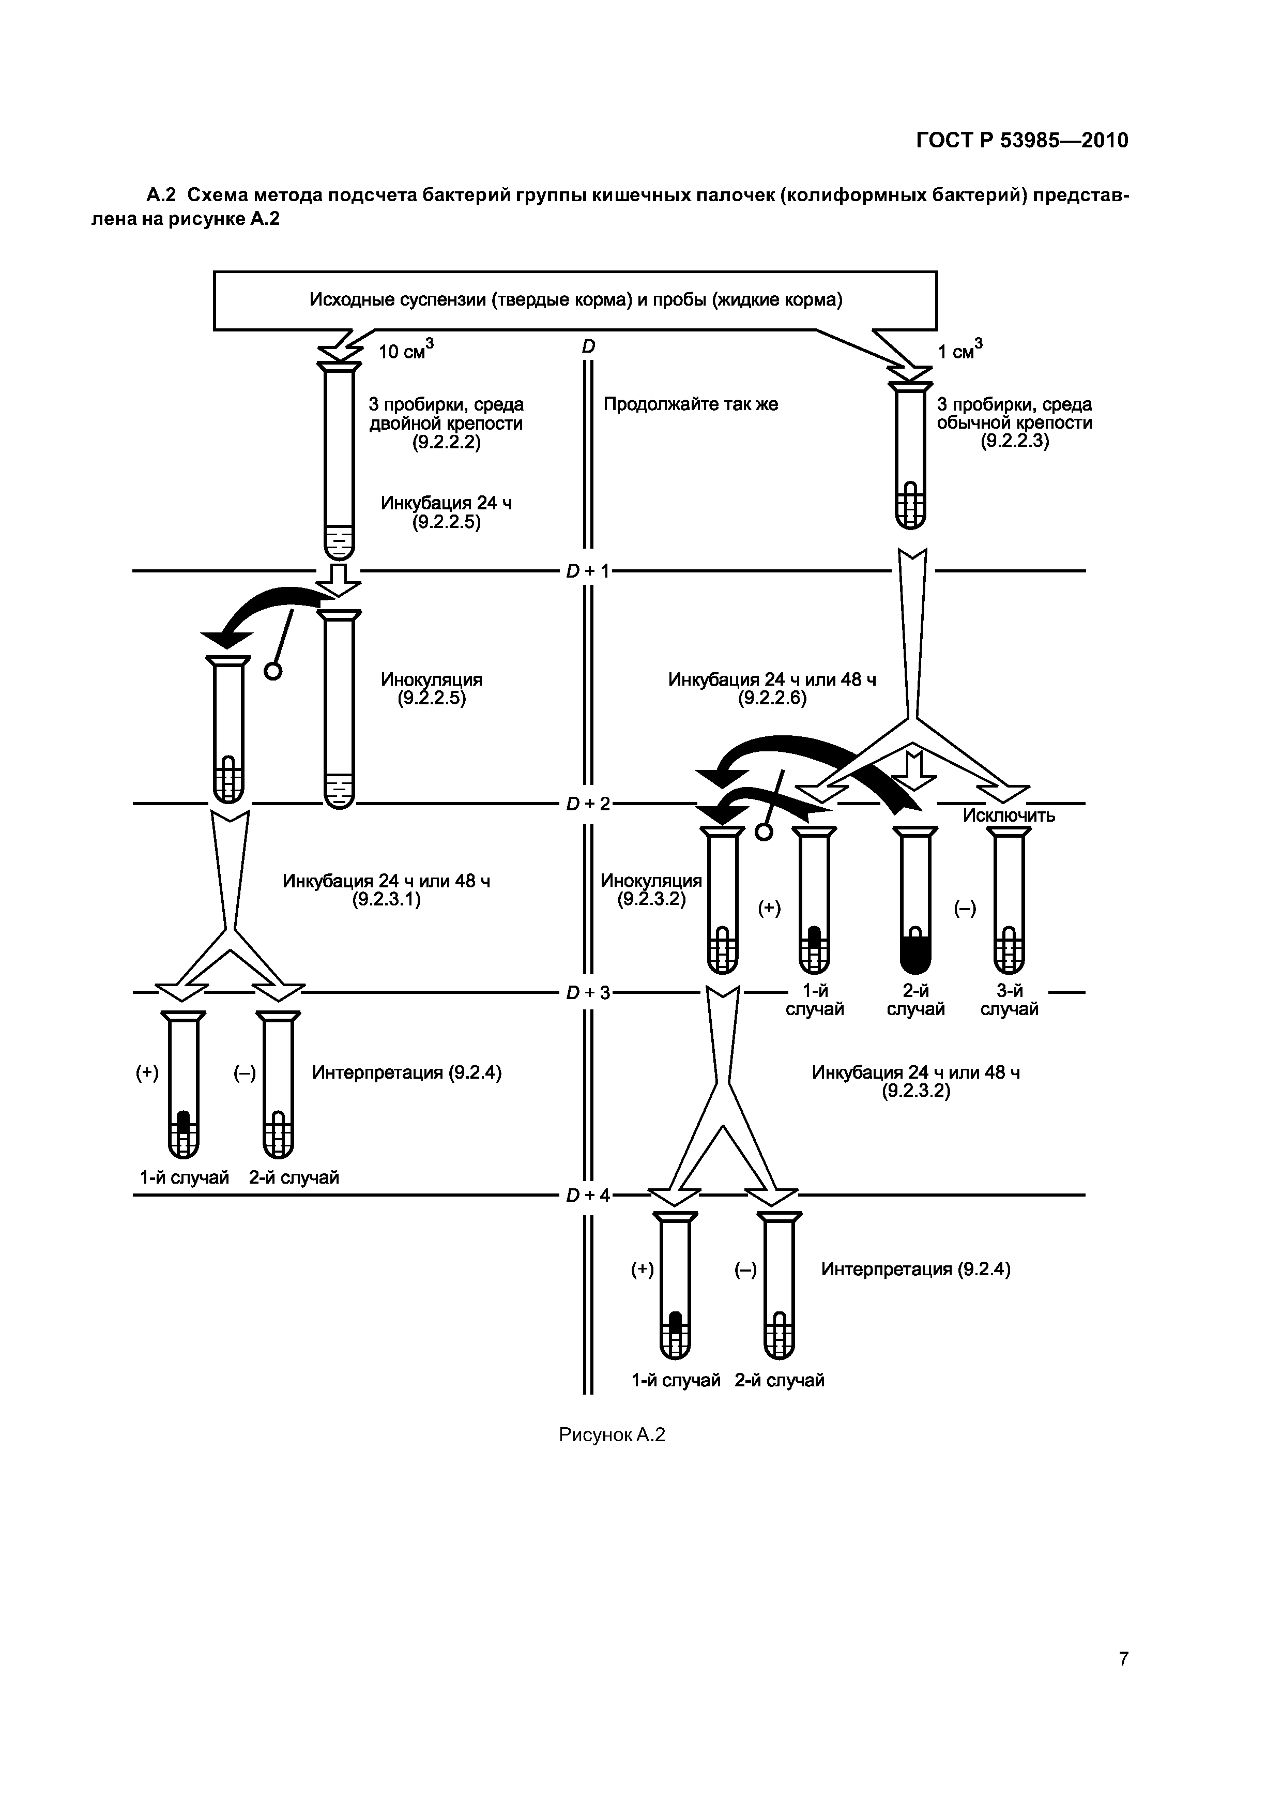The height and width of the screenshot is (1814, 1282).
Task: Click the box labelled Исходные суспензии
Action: pyautogui.click(x=575, y=300)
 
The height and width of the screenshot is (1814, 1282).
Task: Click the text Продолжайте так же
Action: pyautogui.click(x=691, y=404)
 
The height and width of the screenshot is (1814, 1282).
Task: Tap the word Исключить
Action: pyautogui.click(x=1009, y=816)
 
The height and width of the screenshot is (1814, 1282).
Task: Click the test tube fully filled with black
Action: pyautogui.click(x=915, y=901)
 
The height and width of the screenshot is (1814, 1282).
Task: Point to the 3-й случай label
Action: pyautogui.click(x=1009, y=1000)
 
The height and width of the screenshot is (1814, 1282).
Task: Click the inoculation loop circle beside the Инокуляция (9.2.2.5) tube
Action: pyautogui.click(x=272, y=671)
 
